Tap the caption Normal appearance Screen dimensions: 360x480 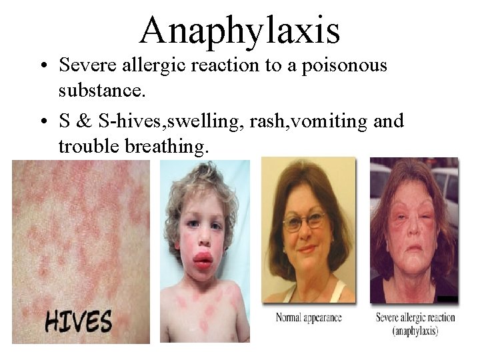(307, 317)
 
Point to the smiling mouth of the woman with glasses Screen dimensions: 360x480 (305, 249)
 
